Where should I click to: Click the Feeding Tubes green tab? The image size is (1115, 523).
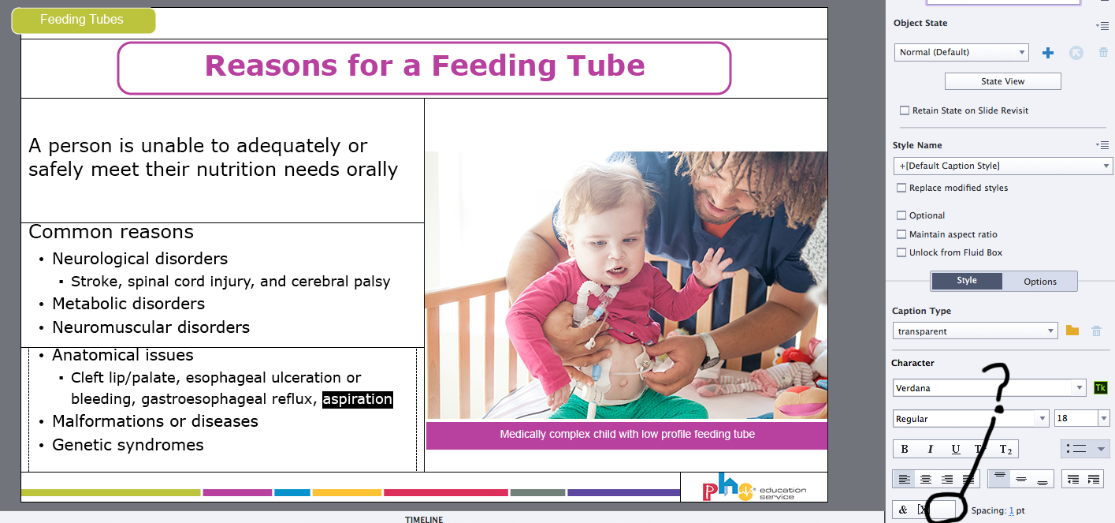pos(83,20)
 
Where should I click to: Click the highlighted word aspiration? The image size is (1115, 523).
pos(358,399)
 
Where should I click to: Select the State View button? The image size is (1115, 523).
pos(1002,81)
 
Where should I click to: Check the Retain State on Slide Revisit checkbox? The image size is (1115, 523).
pos(905,110)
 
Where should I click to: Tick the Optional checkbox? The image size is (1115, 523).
pos(901,215)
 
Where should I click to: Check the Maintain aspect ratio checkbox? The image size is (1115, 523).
pos(901,234)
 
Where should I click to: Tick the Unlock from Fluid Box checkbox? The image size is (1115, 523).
pos(901,252)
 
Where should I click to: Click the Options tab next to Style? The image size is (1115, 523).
pos(1040,282)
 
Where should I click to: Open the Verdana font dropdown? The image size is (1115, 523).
pos(989,387)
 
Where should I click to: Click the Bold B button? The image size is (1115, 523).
pos(905,450)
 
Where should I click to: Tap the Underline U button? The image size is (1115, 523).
pos(955,450)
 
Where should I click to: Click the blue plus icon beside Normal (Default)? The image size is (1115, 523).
pos(1048,53)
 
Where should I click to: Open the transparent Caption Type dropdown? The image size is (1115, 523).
pos(975,331)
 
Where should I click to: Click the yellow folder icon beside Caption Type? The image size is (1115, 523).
pos(1072,331)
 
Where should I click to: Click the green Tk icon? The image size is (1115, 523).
pos(1101,387)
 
